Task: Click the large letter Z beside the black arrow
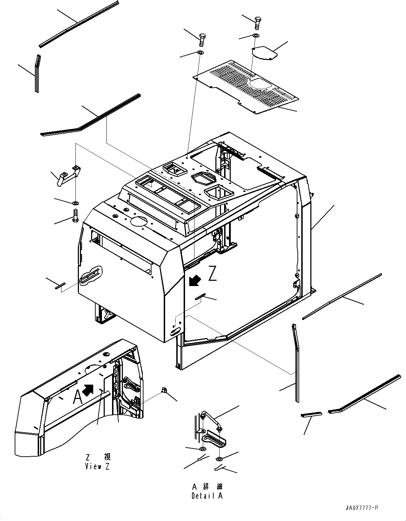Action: pyautogui.click(x=213, y=273)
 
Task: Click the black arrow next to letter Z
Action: pyautogui.click(x=194, y=280)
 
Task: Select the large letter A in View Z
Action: pyautogui.click(x=77, y=397)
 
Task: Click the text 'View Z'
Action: pyautogui.click(x=97, y=466)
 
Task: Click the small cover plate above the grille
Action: pyautogui.click(x=264, y=53)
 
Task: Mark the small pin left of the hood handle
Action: pyautogui.click(x=60, y=286)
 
